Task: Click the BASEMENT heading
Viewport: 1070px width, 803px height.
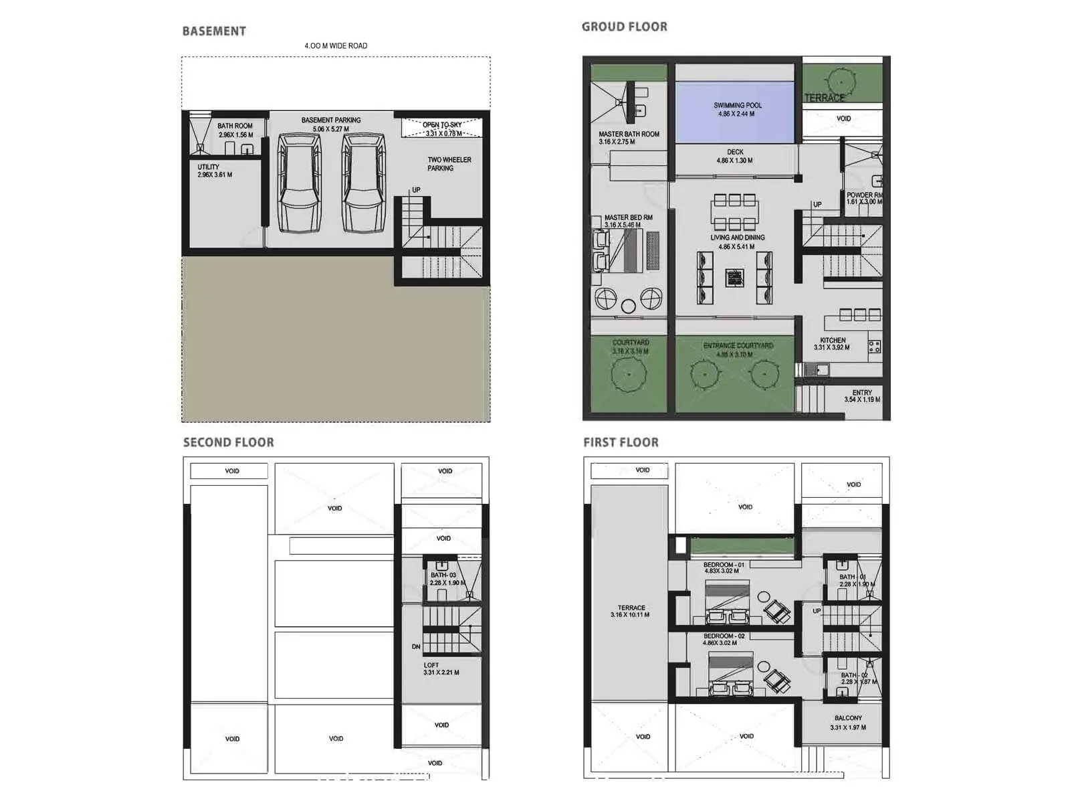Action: pyautogui.click(x=214, y=31)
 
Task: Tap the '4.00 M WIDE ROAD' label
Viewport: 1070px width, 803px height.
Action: pyautogui.click(x=336, y=46)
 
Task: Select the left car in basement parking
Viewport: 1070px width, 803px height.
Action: pyautogui.click(x=299, y=182)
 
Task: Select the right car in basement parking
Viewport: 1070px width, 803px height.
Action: pyautogui.click(x=364, y=182)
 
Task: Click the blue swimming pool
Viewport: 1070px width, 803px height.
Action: pyautogui.click(x=734, y=112)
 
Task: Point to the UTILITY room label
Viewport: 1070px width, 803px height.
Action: pyautogui.click(x=209, y=167)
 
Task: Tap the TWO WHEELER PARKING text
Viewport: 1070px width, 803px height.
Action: pyautogui.click(x=449, y=164)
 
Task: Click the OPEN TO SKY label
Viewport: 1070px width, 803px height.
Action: pyautogui.click(x=442, y=125)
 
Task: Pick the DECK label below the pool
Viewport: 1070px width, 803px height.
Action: pyautogui.click(x=735, y=152)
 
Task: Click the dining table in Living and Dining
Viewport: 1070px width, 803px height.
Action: pyautogui.click(x=734, y=212)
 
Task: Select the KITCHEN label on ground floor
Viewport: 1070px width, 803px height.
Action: pyautogui.click(x=833, y=340)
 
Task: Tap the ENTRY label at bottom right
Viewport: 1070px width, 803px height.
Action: pyautogui.click(x=862, y=393)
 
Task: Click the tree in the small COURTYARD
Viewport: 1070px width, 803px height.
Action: pyautogui.click(x=629, y=373)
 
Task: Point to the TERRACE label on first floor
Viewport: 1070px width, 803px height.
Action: pyautogui.click(x=631, y=608)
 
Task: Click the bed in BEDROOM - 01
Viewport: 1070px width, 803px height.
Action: pyautogui.click(x=728, y=594)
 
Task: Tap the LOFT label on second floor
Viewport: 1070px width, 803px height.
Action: pyautogui.click(x=431, y=665)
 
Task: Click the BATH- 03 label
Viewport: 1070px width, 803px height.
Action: pyautogui.click(x=443, y=575)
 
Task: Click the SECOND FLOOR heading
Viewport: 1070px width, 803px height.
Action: pyautogui.click(x=229, y=442)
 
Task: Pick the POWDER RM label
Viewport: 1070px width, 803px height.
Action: pyautogui.click(x=864, y=195)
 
